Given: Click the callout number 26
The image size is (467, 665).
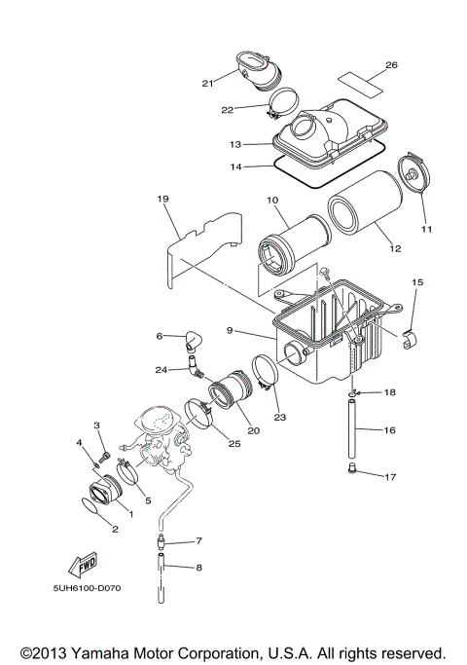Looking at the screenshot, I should tap(391, 65).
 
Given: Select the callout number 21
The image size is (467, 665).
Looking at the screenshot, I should tap(207, 84).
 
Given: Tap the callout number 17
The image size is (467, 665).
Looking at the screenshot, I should tap(390, 477).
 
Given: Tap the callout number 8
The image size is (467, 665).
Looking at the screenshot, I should tap(198, 567).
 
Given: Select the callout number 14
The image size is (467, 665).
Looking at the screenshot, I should tap(234, 166).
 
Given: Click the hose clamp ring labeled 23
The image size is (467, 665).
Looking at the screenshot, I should tap(267, 374).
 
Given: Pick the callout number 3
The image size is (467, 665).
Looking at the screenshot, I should tap(97, 425).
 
